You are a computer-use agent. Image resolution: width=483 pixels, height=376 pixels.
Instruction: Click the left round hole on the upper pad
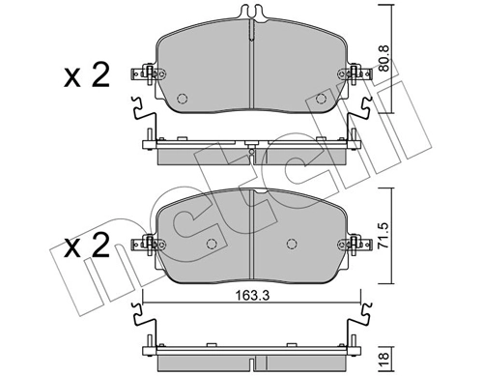click(184, 96)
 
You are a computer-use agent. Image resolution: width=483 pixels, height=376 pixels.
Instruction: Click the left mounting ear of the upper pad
click(146, 74)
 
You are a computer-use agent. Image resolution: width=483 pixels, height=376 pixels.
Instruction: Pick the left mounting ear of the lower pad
click(146, 246)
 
